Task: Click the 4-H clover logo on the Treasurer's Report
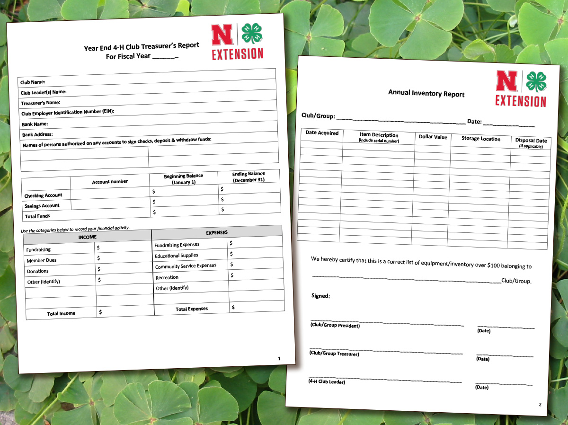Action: click(252, 34)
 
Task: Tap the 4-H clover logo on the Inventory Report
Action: click(536, 81)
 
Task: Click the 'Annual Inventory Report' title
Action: click(426, 93)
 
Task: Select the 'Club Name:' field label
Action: click(33, 82)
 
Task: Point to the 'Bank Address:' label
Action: click(37, 134)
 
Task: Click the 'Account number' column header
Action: click(110, 182)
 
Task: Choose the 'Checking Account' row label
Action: click(43, 195)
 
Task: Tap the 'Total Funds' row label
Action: click(37, 216)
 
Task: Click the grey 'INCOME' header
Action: click(87, 237)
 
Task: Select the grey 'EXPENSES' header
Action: click(217, 232)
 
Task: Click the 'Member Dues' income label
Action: click(42, 260)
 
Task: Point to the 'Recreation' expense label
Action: click(167, 277)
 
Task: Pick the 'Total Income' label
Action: click(61, 313)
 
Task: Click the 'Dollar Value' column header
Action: click(433, 137)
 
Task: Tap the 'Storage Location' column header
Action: click(480, 139)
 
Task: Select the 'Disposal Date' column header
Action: click(531, 141)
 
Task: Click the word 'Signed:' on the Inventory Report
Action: click(320, 296)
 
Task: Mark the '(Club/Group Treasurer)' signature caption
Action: click(334, 353)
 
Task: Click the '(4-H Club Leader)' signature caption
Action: click(327, 381)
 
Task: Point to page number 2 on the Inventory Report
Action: click(540, 405)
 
